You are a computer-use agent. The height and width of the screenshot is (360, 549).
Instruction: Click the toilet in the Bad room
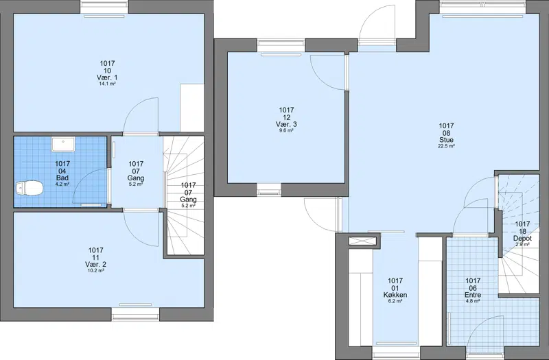(29, 189)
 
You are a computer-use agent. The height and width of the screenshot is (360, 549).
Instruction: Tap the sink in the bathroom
(63, 145)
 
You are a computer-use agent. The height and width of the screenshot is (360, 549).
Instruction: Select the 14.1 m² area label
(107, 84)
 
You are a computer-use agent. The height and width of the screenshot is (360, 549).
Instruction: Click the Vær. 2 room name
(95, 264)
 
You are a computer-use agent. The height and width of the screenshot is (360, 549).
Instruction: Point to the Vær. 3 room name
(286, 124)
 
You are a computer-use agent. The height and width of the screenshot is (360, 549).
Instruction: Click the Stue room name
(447, 140)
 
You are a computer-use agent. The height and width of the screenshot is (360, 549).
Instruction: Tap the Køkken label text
(395, 295)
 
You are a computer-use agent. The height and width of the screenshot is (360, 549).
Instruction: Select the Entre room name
(472, 295)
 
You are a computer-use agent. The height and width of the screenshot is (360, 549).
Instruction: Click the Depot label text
(522, 238)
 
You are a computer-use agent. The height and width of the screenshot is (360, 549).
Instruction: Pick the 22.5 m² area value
(447, 146)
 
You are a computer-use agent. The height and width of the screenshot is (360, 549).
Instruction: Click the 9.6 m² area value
(286, 130)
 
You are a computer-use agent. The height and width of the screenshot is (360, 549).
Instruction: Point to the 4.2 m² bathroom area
(62, 184)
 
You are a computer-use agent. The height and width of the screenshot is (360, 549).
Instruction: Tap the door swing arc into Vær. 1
(135, 105)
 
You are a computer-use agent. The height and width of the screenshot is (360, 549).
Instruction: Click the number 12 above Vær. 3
(286, 117)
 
